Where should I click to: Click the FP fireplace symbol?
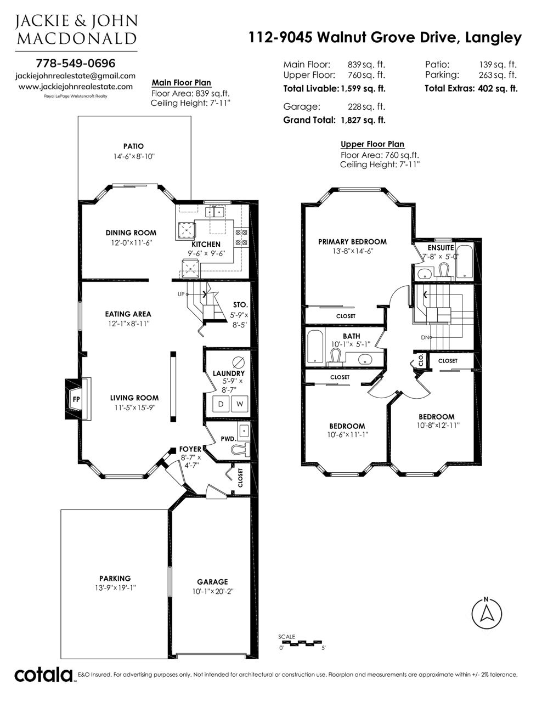76,399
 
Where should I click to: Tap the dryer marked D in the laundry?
221,404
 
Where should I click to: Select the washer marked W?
240,404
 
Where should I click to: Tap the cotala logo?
44,675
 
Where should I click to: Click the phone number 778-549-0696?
76,63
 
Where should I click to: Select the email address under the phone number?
76,76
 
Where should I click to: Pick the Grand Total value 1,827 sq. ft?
363,120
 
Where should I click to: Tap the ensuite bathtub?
464,262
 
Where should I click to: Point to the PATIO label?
133,146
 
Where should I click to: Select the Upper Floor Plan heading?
372,144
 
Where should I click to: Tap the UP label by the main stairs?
181,294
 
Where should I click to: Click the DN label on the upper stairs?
425,338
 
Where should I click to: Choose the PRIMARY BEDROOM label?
352,242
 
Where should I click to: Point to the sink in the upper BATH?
365,359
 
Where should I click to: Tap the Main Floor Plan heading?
182,83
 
